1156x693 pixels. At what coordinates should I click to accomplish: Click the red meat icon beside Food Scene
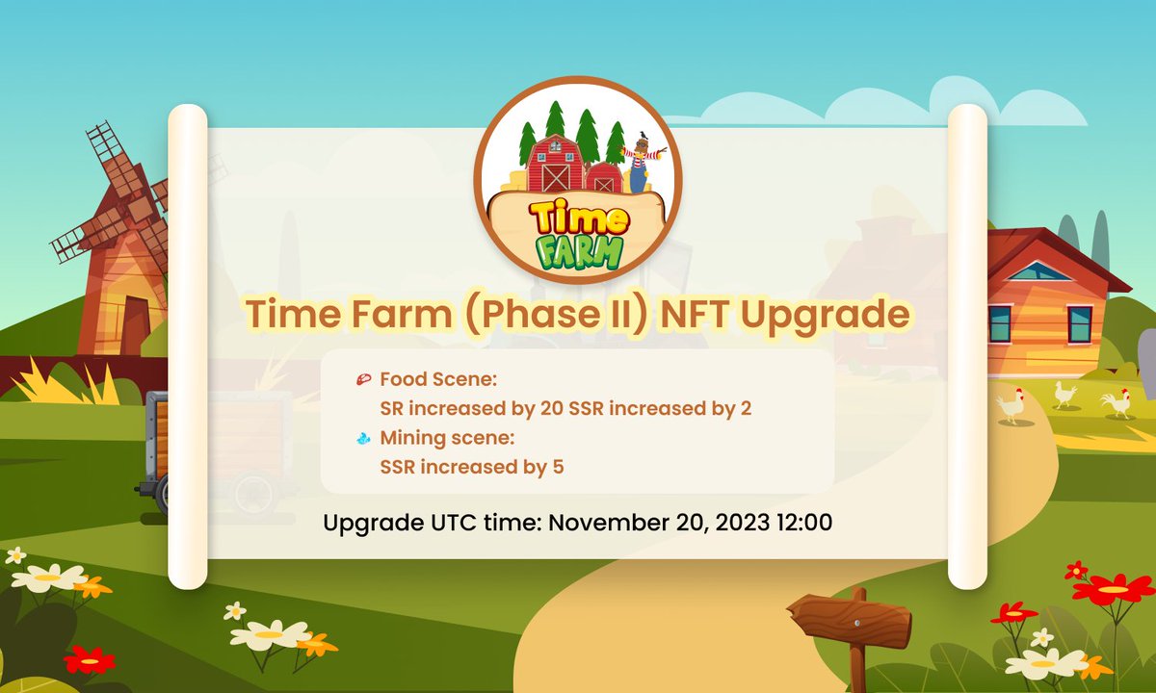coord(363,379)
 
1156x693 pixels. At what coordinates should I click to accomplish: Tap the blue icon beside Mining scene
coord(363,439)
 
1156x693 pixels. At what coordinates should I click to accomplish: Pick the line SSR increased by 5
coord(472,468)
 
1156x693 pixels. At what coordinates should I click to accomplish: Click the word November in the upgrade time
coord(606,524)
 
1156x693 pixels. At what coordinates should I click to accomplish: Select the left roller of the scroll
coord(188,346)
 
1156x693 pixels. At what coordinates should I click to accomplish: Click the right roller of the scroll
coord(967,346)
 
